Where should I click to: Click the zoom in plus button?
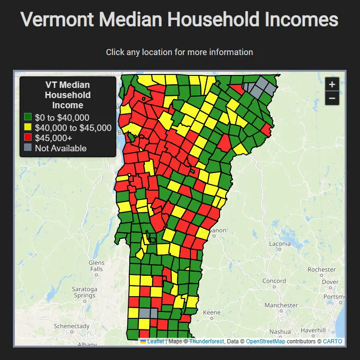click(x=332, y=85)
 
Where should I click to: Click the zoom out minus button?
click(x=332, y=98)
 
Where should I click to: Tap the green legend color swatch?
click(x=28, y=118)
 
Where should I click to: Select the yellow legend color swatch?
click(x=28, y=128)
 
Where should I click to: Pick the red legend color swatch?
click(x=28, y=138)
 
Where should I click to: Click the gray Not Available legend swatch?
click(x=28, y=148)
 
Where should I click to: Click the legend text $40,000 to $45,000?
click(x=73, y=128)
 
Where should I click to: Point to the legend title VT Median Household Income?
click(x=68, y=95)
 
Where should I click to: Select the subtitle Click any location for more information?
click(x=179, y=52)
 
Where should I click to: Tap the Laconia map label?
click(x=280, y=243)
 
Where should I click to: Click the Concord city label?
click(x=274, y=281)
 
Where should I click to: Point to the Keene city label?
click(x=212, y=312)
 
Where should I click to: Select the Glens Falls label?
click(x=96, y=266)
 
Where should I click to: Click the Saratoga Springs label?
click(x=84, y=292)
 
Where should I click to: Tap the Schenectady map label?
click(x=72, y=326)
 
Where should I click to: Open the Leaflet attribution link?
click(x=155, y=341)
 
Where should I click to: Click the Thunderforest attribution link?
click(x=206, y=341)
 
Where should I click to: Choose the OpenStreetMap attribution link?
click(x=265, y=341)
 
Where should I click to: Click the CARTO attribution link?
click(x=332, y=341)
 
